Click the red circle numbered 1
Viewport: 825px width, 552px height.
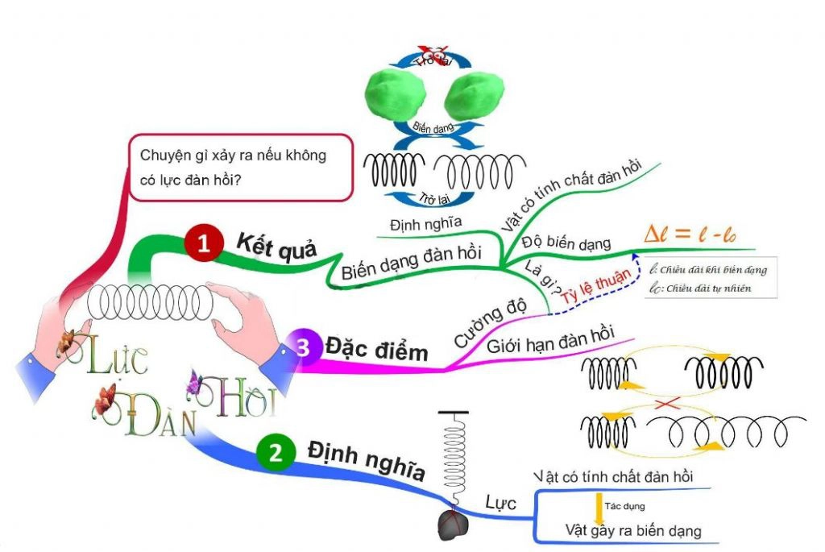[x=203, y=243]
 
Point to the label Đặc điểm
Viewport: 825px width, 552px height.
[x=377, y=349]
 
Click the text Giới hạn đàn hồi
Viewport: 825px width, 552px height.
[x=550, y=339]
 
